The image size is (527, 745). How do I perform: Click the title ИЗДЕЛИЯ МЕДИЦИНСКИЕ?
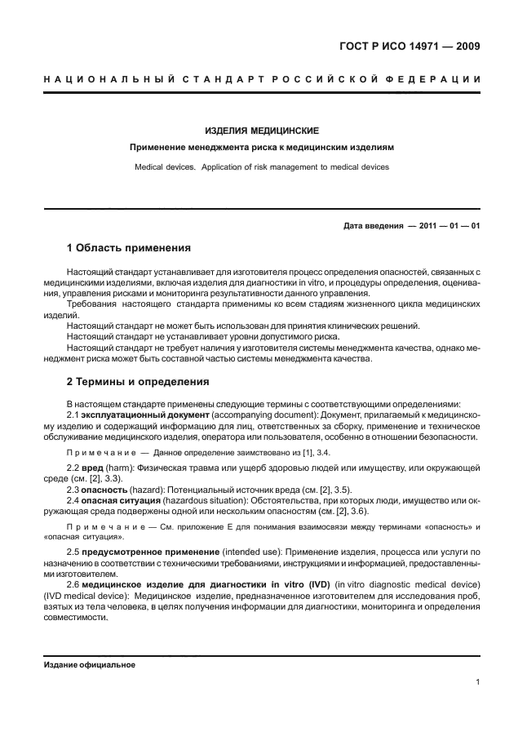tap(262, 131)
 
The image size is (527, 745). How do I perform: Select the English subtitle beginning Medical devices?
tap(262, 167)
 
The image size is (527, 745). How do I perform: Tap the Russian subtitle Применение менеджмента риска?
tap(262, 149)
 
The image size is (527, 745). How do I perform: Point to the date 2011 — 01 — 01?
tap(447, 226)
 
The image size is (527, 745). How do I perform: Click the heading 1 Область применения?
tap(128, 247)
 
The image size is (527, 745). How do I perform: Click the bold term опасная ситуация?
tap(119, 499)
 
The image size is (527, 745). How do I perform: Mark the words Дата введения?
tap(372, 226)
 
